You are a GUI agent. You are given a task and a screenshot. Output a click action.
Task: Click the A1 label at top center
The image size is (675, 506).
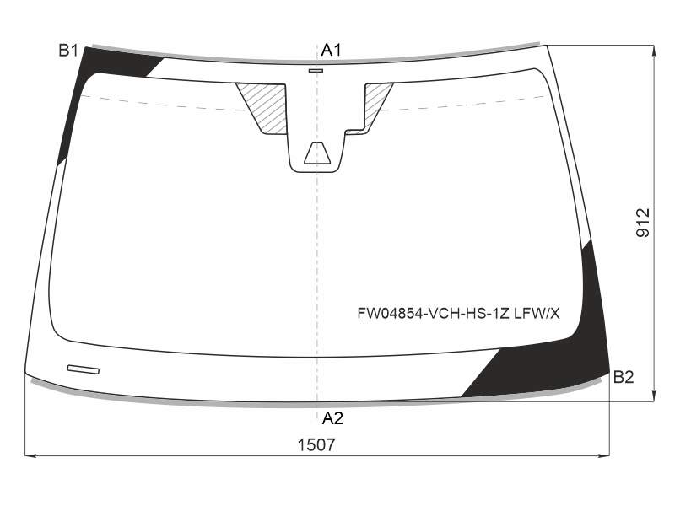(x=331, y=50)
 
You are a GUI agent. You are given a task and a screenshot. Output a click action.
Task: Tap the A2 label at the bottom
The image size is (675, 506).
(x=332, y=417)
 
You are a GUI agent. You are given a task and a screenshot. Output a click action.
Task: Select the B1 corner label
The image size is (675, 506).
(x=68, y=51)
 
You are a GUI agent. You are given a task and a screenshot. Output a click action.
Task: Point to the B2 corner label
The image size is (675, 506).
(x=624, y=377)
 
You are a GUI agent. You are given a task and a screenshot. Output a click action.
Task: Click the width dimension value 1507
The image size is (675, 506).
(x=316, y=445)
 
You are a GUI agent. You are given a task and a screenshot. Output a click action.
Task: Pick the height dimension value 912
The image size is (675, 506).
(x=643, y=223)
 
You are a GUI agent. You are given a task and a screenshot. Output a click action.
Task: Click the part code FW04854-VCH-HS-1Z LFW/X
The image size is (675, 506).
(x=458, y=314)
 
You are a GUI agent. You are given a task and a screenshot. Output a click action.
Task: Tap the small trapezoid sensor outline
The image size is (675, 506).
(x=317, y=153)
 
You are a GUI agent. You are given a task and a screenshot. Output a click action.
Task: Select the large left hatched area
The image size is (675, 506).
(x=263, y=108)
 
